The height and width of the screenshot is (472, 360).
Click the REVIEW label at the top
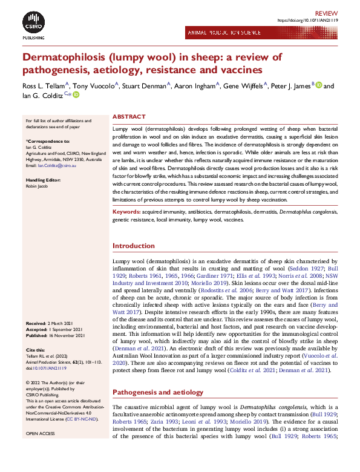pyautogui.click(x=326, y=12)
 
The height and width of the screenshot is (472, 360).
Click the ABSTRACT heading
pyautogui.click(x=129, y=116)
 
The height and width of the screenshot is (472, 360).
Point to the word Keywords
pyautogui.click(x=126, y=213)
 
